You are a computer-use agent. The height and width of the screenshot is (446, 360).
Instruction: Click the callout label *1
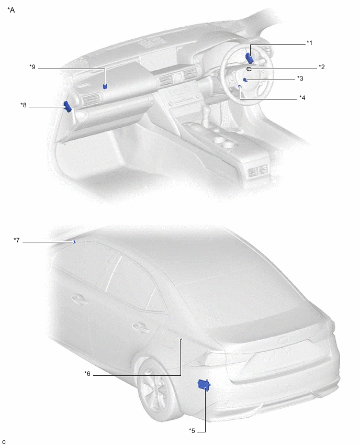point(309,43)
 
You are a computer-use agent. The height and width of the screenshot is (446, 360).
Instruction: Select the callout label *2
point(321,67)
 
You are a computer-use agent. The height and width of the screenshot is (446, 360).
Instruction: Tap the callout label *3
point(300,79)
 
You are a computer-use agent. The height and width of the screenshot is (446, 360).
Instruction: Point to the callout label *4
point(302,98)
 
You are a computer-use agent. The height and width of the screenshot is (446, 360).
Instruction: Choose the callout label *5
point(192,431)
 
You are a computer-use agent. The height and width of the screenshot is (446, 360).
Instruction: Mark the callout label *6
point(87,373)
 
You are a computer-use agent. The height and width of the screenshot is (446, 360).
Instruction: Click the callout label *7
point(17,240)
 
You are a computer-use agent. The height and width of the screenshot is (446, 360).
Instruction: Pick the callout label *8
point(24,105)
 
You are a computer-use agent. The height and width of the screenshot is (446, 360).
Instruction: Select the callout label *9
point(32,67)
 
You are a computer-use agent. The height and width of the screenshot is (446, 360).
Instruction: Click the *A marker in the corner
point(11,10)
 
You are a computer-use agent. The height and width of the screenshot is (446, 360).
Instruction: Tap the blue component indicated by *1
point(250,58)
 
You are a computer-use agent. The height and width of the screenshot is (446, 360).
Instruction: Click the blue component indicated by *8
point(67,107)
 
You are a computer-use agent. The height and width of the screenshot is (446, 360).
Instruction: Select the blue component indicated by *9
point(105,86)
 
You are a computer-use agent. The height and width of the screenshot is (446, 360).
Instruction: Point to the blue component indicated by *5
point(204,385)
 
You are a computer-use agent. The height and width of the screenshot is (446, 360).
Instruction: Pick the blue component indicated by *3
point(245,80)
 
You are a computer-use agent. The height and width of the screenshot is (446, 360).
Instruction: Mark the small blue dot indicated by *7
point(74,242)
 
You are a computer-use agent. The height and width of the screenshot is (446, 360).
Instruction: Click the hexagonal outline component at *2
point(249,69)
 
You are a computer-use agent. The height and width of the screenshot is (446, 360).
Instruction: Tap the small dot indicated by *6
point(181,339)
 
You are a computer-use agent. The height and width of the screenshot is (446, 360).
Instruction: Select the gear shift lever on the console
point(204,117)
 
